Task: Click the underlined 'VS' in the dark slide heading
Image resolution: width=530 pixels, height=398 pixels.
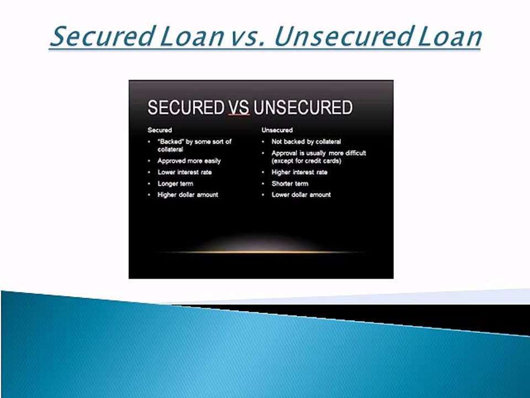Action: (x=239, y=107)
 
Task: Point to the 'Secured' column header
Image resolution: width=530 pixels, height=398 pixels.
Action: (x=160, y=130)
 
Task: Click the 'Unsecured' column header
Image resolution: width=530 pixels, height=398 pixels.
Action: (x=277, y=130)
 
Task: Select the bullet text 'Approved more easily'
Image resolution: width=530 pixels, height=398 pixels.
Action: (x=189, y=161)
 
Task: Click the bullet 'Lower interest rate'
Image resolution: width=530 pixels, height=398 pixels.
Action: (x=184, y=172)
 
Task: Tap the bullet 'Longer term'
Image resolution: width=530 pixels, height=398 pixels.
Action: (x=175, y=184)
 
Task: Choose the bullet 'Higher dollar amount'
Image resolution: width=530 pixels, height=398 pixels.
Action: (x=188, y=195)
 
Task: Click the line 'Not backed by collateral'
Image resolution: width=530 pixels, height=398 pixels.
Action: (x=306, y=142)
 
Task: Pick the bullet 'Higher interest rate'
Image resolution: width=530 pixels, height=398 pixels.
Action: (x=299, y=172)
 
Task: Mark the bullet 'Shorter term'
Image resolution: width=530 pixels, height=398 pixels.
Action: (x=290, y=184)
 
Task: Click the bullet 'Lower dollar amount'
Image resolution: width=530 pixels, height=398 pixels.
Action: (x=301, y=195)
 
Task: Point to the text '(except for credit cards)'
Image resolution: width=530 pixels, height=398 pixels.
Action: (x=306, y=161)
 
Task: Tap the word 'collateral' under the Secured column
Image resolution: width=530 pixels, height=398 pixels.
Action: (x=170, y=149)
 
